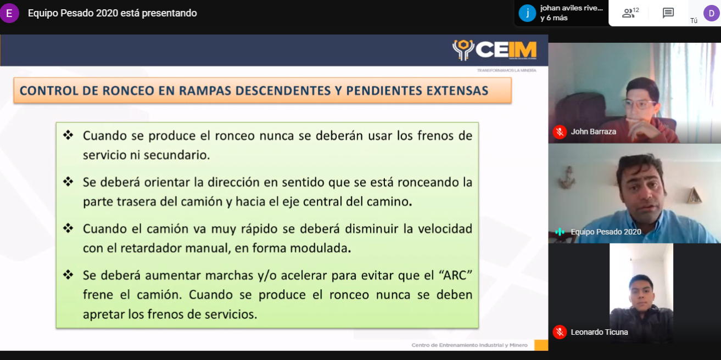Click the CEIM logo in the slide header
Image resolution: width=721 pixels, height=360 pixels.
point(494,50)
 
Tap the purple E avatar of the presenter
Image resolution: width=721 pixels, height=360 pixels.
point(9,13)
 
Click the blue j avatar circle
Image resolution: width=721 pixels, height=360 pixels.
point(527,13)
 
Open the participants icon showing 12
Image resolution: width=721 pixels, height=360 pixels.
point(630,13)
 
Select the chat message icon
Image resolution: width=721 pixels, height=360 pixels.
point(668,13)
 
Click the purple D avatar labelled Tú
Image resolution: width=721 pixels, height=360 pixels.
point(711,13)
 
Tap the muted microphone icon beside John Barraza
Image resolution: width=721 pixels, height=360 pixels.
point(560,132)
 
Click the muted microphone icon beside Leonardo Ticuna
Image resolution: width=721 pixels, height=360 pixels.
point(560,332)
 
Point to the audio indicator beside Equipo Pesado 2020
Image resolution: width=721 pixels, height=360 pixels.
point(560,232)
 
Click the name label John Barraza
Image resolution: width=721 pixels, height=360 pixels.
point(594,132)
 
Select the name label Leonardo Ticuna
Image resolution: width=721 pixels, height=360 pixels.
point(599,332)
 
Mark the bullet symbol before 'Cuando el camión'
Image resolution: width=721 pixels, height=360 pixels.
point(68,228)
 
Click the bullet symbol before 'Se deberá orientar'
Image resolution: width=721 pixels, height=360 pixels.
point(68,182)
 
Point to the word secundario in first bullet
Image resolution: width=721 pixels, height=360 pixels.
point(177,155)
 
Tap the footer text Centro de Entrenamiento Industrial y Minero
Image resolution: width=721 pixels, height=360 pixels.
point(470,345)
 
